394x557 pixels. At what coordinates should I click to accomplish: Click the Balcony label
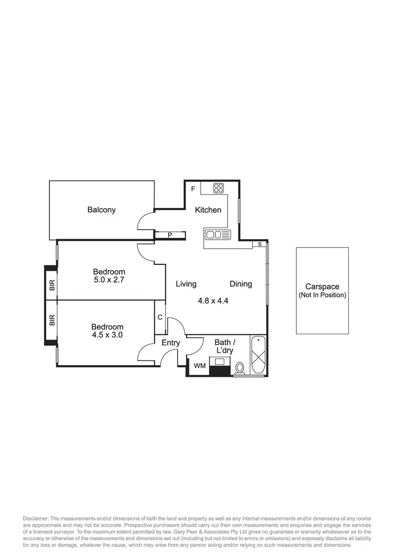tap(101, 210)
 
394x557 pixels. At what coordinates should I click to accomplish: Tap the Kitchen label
tap(208, 210)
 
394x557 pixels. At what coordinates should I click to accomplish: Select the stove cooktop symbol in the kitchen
tap(219, 188)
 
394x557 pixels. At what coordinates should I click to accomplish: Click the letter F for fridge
tap(193, 189)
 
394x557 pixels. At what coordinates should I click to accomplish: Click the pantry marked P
tap(170, 235)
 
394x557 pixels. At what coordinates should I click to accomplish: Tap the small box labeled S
tap(260, 244)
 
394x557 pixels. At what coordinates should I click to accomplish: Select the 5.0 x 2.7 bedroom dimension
tap(109, 280)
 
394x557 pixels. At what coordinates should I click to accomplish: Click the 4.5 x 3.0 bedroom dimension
tap(107, 335)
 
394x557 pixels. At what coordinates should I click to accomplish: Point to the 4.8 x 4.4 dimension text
tap(213, 301)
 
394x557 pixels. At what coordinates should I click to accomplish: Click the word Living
tap(186, 284)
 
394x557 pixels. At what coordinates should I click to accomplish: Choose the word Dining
tap(241, 284)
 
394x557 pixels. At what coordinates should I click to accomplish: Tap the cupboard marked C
tap(160, 317)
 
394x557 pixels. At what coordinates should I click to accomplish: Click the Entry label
tap(171, 343)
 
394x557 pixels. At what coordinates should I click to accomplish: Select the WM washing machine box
tap(200, 366)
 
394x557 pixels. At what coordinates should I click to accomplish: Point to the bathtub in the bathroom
tap(258, 355)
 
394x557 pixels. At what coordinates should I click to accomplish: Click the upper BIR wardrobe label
tap(51, 285)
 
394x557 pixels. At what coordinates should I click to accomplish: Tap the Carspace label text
tap(323, 287)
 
